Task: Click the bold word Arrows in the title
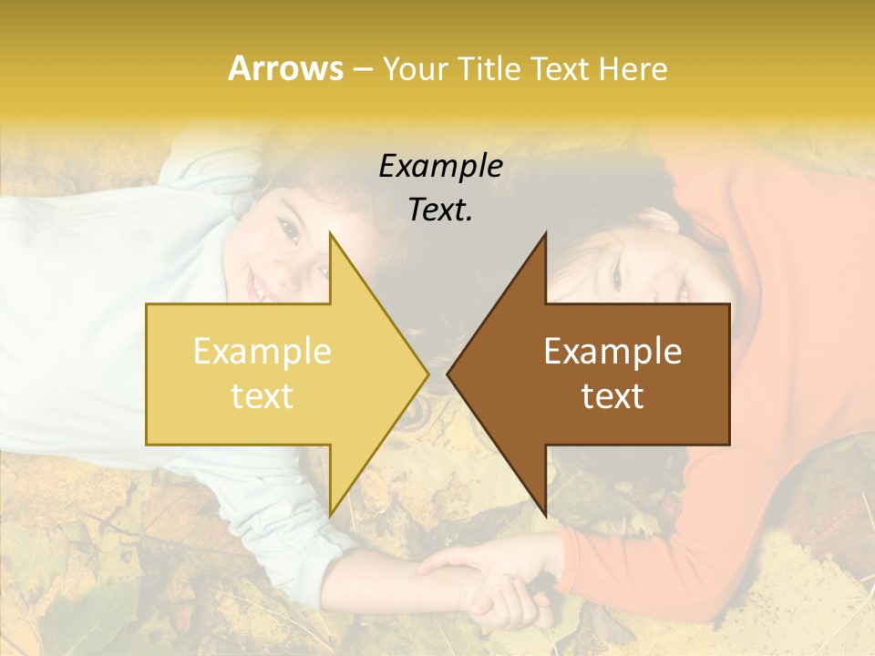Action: [285, 68]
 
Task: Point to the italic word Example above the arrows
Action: [440, 167]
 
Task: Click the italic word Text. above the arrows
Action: [440, 210]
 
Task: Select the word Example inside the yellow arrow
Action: [262, 351]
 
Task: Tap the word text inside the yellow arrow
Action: [262, 395]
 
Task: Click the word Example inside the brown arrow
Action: [612, 351]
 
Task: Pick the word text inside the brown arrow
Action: [612, 395]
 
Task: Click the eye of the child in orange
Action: [616, 274]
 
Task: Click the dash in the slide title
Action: [361, 69]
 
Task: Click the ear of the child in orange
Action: [658, 220]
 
